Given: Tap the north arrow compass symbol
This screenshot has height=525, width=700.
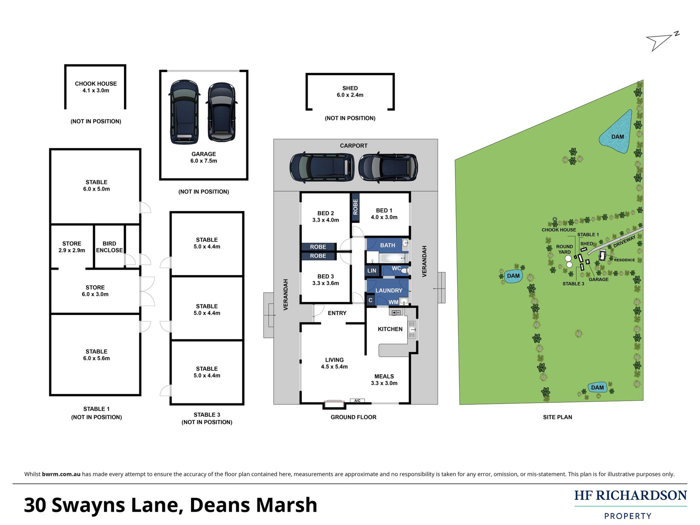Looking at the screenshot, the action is click(662, 42).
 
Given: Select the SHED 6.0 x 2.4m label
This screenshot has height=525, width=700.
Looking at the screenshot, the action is click(350, 91).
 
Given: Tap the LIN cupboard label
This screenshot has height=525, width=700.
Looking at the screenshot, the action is click(371, 271).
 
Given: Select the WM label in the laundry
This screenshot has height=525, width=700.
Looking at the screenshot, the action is click(393, 302).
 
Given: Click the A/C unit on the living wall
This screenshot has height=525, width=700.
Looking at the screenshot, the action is click(357, 401).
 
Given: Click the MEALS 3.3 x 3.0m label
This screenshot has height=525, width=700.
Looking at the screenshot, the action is click(384, 380).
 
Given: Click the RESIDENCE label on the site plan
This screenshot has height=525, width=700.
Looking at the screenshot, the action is click(624, 260).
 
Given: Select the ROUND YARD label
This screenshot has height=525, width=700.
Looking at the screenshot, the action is click(565, 249).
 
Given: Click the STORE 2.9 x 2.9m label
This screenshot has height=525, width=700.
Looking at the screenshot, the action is click(72, 247).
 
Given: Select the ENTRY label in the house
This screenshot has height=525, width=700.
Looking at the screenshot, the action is click(337, 313).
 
